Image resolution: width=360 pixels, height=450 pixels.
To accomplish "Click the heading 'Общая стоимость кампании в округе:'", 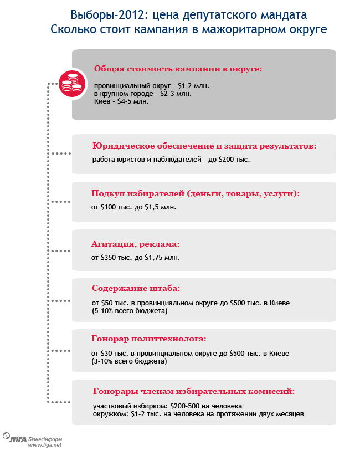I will [178, 69].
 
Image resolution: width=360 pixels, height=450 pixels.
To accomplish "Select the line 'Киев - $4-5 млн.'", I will [121, 101].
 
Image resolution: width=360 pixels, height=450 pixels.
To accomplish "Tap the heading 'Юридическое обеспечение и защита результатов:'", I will [204, 146].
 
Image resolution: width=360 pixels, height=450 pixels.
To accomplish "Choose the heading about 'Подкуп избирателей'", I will [196, 193].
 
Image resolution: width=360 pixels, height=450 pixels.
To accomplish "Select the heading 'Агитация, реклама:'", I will [136, 244].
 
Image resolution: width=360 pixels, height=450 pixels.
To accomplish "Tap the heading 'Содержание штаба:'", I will [136, 289].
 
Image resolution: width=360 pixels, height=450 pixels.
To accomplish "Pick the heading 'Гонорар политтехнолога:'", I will [148, 339].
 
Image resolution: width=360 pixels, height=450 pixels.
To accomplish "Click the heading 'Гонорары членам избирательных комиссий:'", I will [193, 391].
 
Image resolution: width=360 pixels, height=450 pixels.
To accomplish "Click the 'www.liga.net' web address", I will [44, 444].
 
